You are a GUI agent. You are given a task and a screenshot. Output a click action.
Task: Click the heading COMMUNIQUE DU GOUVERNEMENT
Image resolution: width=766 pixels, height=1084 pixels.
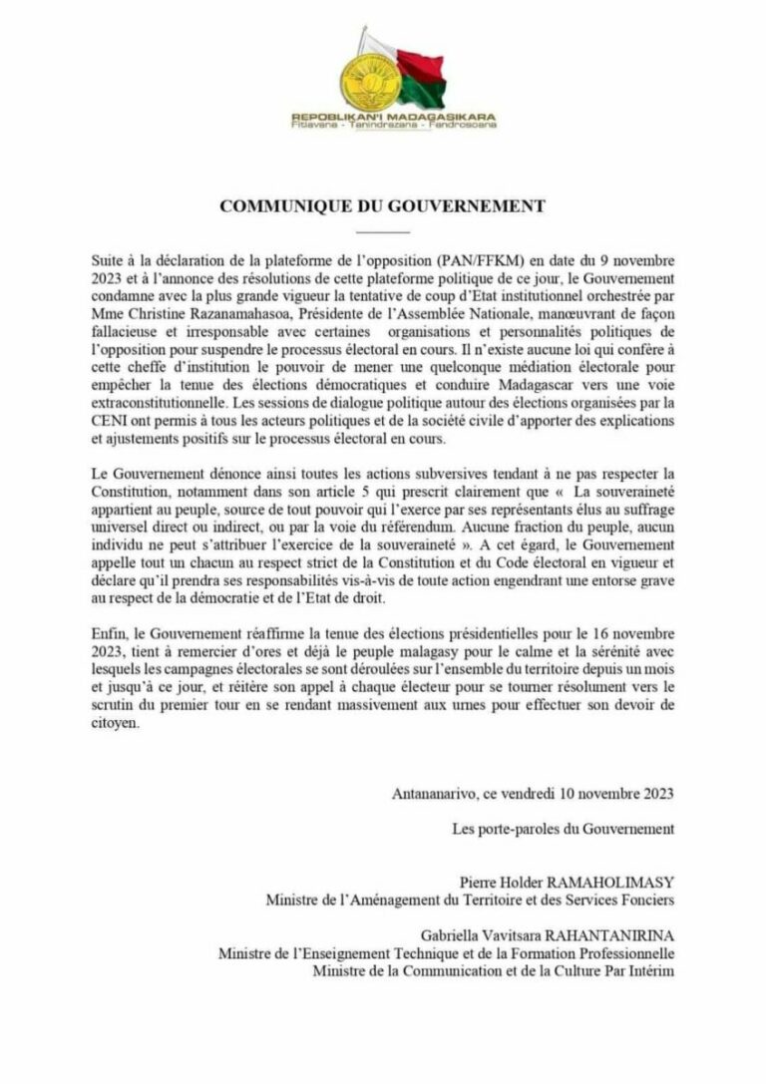tap(382, 206)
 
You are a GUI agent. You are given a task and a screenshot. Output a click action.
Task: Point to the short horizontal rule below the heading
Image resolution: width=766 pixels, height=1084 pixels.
tap(382, 230)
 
